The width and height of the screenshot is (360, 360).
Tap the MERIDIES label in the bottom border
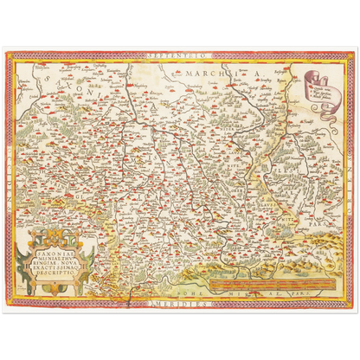pos(177,304)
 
